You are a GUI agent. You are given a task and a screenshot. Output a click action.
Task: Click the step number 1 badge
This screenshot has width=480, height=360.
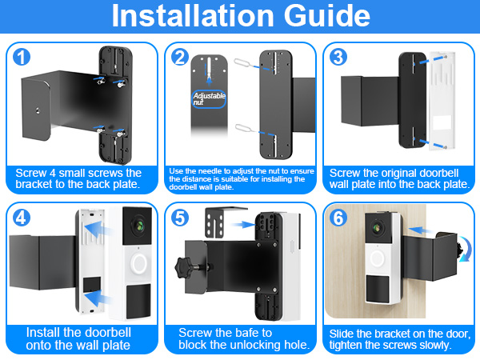[21, 57]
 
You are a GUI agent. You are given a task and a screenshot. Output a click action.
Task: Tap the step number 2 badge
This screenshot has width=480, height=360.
[180, 57]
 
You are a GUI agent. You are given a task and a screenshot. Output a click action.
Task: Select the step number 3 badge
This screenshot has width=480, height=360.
[338, 57]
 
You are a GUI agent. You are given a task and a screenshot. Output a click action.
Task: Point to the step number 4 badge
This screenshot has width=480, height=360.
[22, 218]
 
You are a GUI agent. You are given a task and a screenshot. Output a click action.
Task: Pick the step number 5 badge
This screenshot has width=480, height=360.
[180, 218]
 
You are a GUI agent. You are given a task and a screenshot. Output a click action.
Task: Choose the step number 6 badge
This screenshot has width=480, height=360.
[338, 218]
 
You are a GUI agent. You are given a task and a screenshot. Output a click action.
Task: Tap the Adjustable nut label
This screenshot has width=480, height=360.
[209, 100]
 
